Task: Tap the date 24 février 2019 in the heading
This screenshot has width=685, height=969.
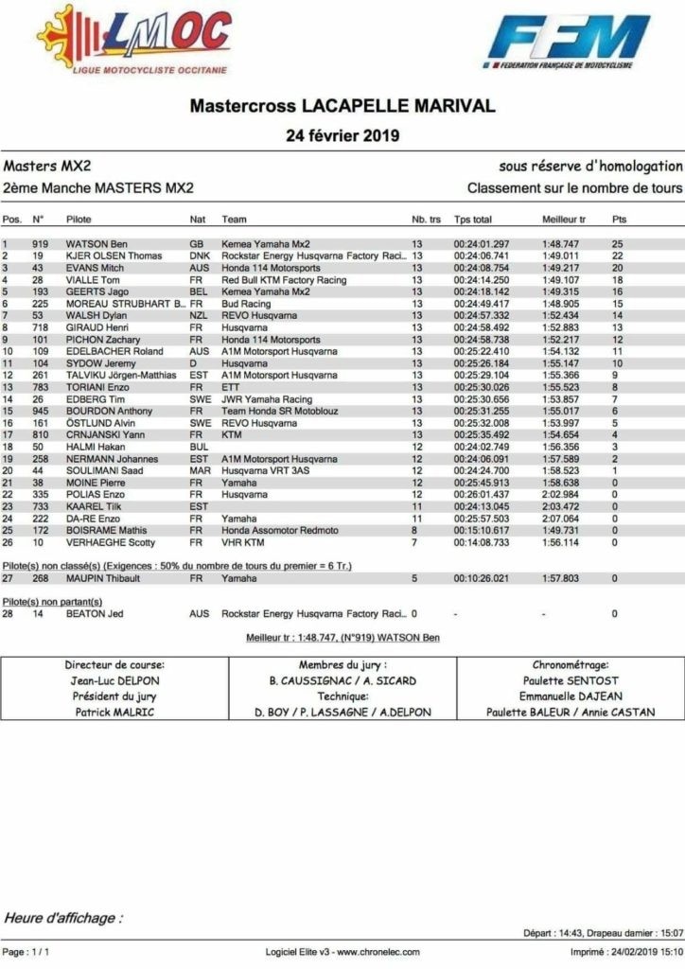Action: click(342, 135)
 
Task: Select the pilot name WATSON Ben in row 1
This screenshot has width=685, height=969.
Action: click(97, 244)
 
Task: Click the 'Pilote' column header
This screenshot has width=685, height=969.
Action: click(79, 220)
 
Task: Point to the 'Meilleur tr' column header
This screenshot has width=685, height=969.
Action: click(563, 220)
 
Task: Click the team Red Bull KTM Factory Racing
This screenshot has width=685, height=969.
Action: click(284, 280)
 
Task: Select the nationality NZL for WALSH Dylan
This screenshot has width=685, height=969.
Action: click(200, 315)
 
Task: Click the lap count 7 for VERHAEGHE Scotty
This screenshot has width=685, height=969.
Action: click(414, 543)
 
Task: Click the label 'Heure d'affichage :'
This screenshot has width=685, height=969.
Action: click(63, 918)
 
